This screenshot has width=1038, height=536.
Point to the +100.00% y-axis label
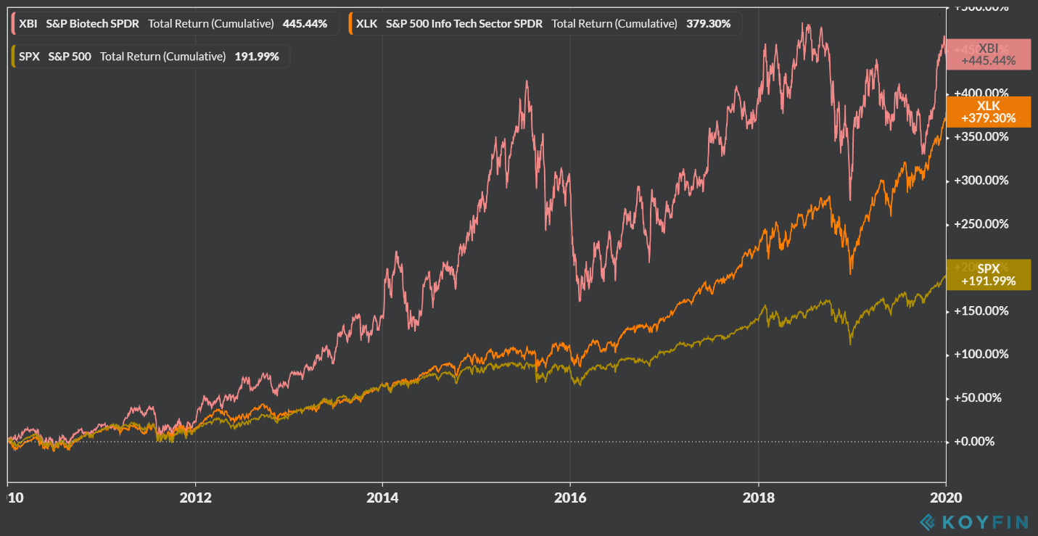coord(981,354)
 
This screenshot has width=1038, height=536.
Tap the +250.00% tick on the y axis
coord(981,223)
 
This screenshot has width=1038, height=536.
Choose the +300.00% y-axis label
coord(981,180)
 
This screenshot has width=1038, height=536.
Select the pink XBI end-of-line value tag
coord(988,54)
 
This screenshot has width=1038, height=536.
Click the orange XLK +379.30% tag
coord(988,112)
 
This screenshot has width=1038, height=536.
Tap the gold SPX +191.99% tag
coord(988,275)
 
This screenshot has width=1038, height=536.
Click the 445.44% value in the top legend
coord(305,23)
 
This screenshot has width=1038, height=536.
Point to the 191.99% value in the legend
coord(257,56)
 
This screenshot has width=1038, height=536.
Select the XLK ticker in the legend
coord(367,23)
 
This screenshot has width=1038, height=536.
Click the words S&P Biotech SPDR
coord(93,23)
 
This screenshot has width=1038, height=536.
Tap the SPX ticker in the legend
coord(29,56)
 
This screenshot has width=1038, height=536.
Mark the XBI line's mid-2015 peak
coord(527,81)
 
